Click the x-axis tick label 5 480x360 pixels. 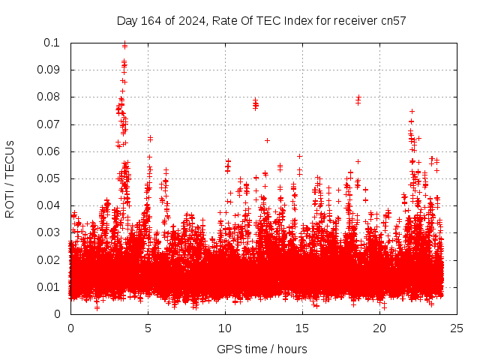pos(148,328)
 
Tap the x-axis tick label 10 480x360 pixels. pos(225,328)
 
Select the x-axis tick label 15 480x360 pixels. pos(302,328)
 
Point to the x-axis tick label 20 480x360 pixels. pos(379,328)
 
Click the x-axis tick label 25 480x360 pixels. pos(457,328)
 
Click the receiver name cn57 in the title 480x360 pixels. pos(393,21)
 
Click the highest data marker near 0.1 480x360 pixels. pos(124,44)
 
